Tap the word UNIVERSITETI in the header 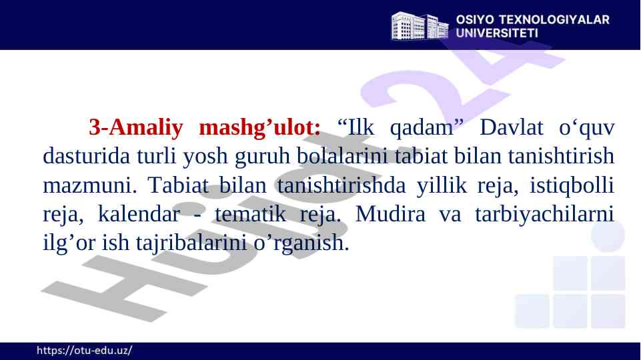coord(497,31)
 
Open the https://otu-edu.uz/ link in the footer coord(83,351)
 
